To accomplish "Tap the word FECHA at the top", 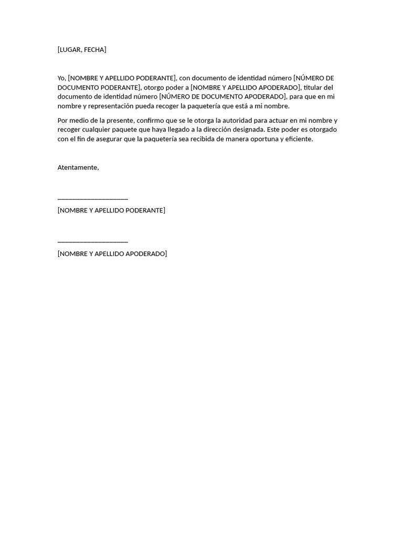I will [94, 50].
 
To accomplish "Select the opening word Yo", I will [61, 78].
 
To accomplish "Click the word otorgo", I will [154, 88].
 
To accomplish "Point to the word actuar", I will [279, 121].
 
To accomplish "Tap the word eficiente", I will [296, 139].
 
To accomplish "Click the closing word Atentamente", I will [78, 167].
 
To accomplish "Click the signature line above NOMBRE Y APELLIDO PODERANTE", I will [93, 199].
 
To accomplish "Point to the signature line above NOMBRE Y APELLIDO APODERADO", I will [93, 242].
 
